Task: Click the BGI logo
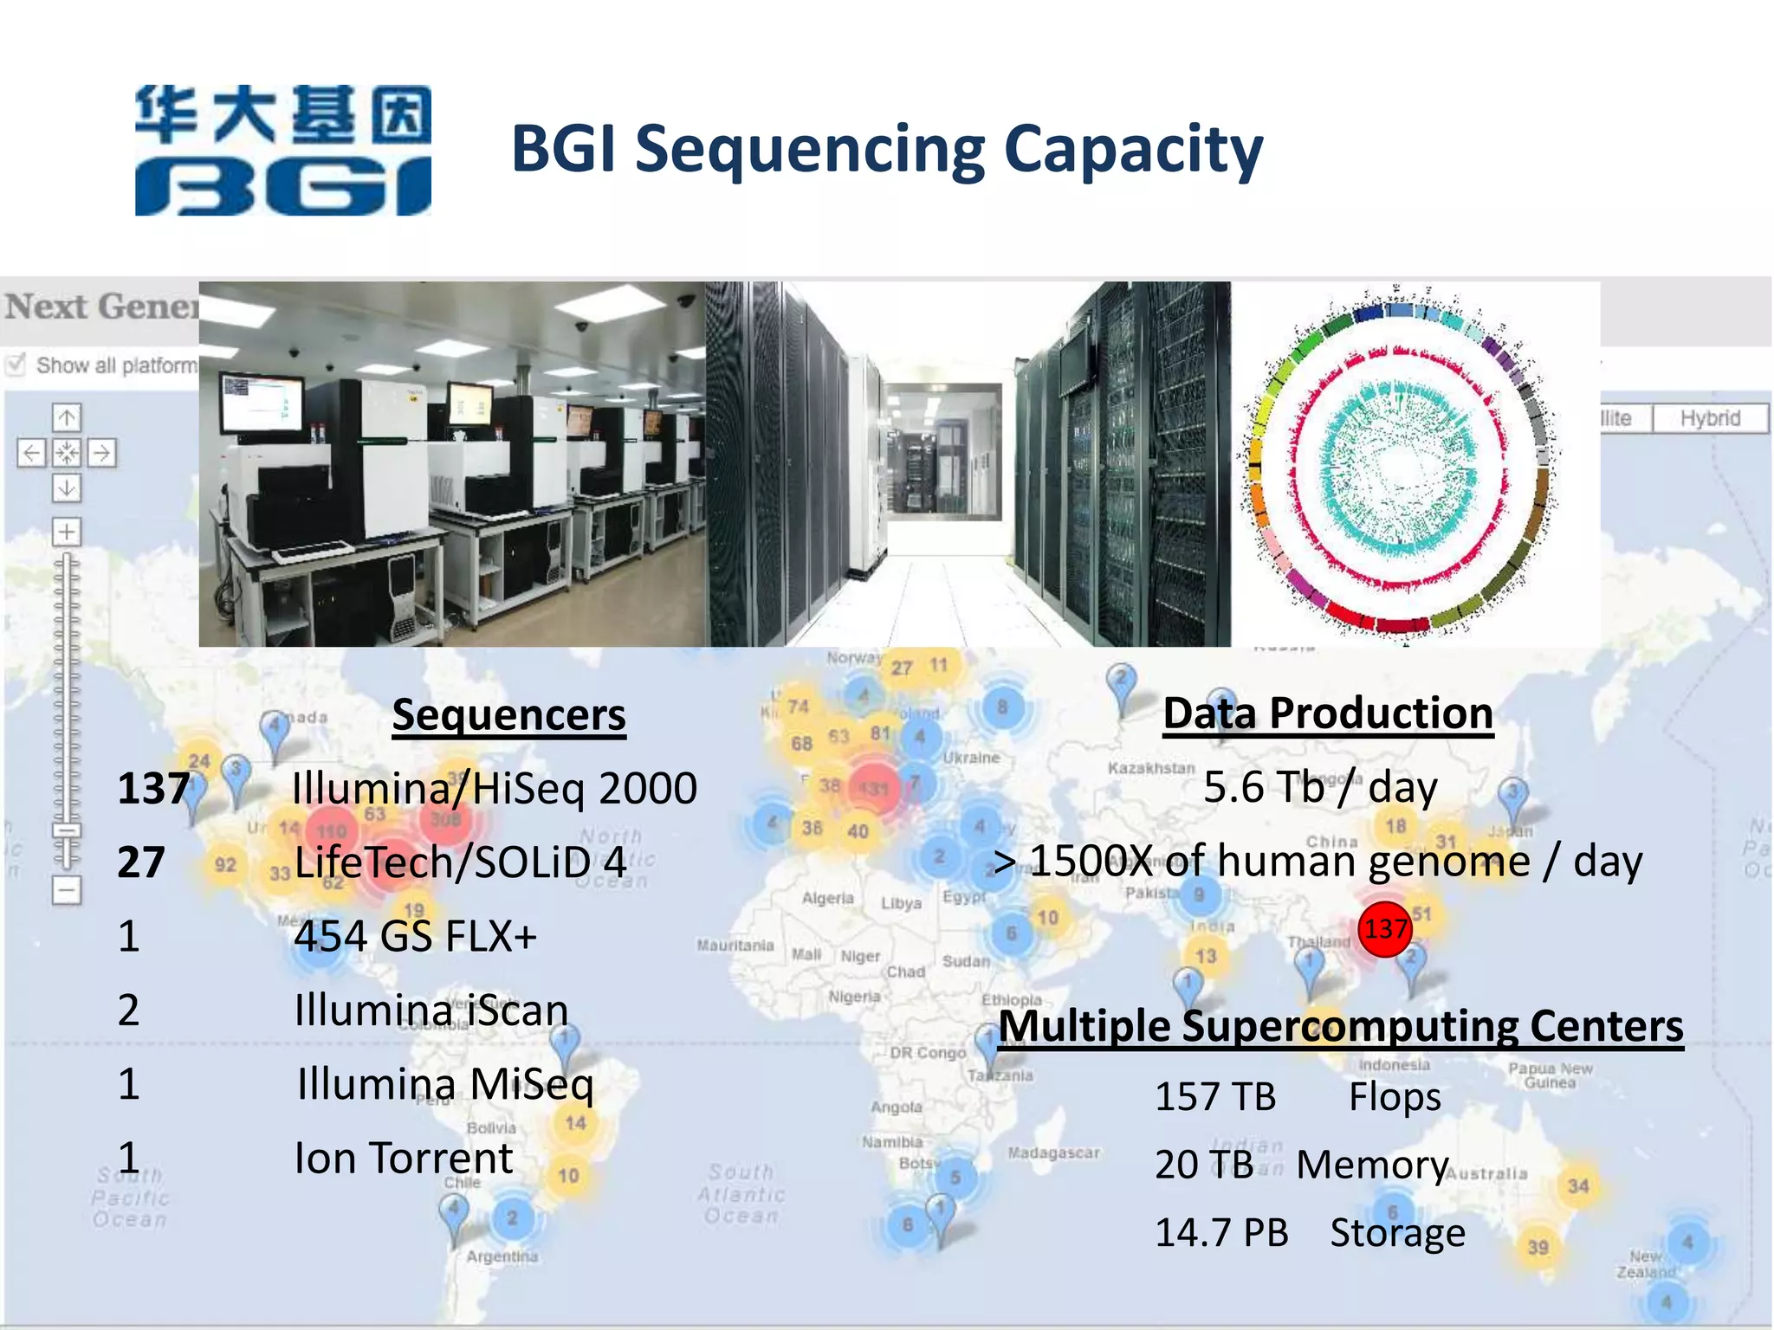click(282, 150)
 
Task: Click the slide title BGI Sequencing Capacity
click(887, 149)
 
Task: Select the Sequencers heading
click(508, 715)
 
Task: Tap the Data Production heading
click(1328, 713)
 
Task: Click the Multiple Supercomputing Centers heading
click(1341, 1026)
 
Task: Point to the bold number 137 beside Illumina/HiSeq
click(153, 789)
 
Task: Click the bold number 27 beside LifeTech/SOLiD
click(141, 862)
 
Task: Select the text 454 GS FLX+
click(416, 936)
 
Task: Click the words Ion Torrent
click(404, 1159)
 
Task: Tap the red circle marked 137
click(1385, 929)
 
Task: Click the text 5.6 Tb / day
click(1320, 787)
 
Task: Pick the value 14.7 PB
click(1221, 1232)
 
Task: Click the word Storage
click(1397, 1232)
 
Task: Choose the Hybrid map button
click(1710, 418)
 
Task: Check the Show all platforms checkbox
click(16, 365)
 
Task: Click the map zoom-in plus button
click(67, 532)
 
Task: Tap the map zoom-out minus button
click(67, 889)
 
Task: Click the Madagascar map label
click(1053, 1152)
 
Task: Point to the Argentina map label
click(502, 1256)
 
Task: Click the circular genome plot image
click(1399, 463)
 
